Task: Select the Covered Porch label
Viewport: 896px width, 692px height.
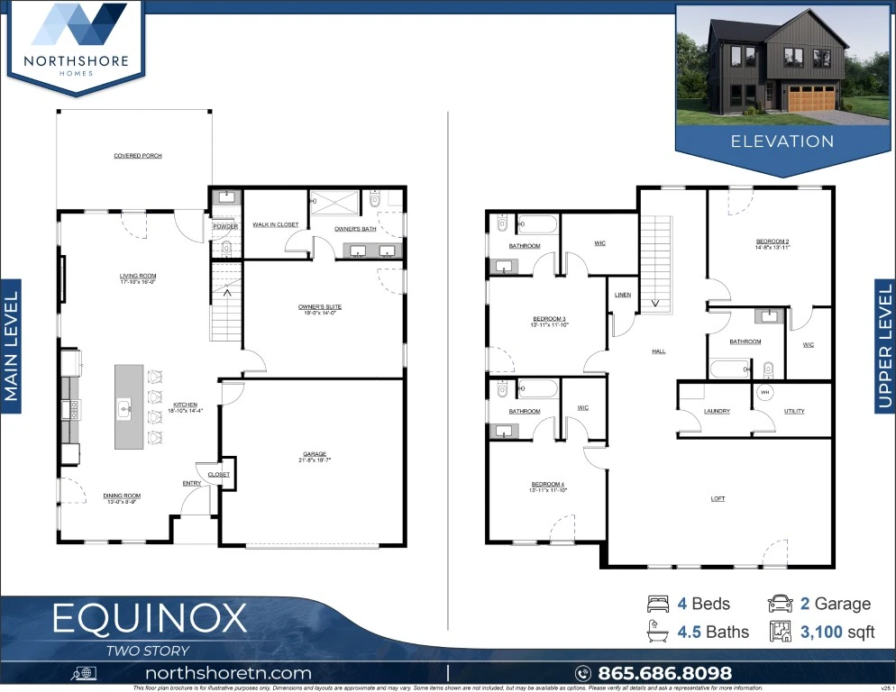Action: click(x=138, y=156)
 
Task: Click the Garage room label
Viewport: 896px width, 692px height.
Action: click(x=315, y=455)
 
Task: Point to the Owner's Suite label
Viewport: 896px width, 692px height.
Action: click(x=320, y=307)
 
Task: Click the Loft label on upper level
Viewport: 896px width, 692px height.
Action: click(x=718, y=498)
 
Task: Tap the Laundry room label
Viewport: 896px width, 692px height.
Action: click(x=717, y=412)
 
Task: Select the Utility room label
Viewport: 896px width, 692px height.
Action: click(x=794, y=412)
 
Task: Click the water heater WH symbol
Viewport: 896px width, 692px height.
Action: click(x=765, y=392)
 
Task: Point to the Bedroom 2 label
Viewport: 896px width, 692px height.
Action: click(x=773, y=242)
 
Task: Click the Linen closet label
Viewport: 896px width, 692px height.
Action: click(x=623, y=296)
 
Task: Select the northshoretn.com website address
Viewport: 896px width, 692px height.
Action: click(x=228, y=673)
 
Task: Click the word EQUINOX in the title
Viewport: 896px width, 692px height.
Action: click(x=149, y=619)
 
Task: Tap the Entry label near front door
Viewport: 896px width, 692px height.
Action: click(x=191, y=484)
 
